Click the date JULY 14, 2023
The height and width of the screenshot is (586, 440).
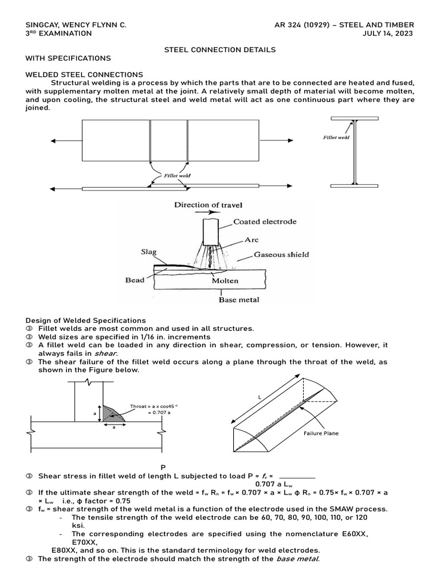click(x=388, y=33)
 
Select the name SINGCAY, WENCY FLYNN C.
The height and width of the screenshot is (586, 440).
click(x=76, y=25)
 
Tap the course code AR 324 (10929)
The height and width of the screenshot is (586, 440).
click(x=308, y=25)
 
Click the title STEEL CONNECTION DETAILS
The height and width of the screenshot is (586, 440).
click(x=219, y=50)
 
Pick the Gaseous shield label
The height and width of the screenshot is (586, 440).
click(x=281, y=254)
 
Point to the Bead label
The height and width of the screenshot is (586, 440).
click(x=135, y=280)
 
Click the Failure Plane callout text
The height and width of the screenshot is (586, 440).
click(x=321, y=433)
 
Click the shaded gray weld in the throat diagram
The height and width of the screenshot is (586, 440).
click(x=110, y=412)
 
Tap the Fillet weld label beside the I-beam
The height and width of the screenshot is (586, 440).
click(x=336, y=137)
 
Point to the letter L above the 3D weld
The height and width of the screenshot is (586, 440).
click(x=260, y=396)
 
